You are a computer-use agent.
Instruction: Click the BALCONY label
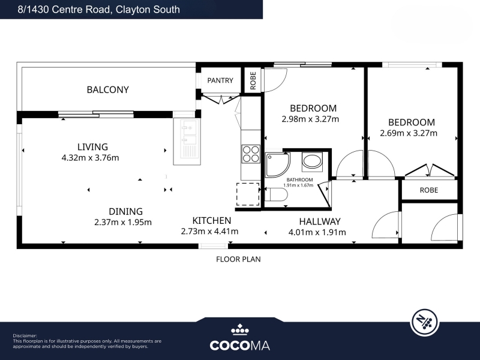click(108, 89)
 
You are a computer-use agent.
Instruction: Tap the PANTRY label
click(220, 80)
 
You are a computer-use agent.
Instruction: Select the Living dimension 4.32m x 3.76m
click(91, 158)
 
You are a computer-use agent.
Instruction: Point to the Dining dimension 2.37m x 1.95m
click(123, 222)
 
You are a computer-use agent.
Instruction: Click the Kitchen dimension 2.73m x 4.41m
click(209, 231)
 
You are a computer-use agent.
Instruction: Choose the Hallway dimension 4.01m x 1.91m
click(317, 232)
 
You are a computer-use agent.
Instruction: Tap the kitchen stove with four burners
click(251, 154)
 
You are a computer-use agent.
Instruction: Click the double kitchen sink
click(187, 142)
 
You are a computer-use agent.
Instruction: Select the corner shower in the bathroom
click(277, 165)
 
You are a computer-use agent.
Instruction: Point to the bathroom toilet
click(277, 194)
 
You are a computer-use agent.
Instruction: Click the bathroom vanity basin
click(312, 161)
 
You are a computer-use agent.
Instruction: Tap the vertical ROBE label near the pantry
click(253, 80)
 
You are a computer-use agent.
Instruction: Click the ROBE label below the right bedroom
click(429, 190)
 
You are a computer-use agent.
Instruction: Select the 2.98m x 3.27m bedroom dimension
click(310, 119)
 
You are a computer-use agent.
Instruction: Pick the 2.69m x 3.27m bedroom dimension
click(409, 133)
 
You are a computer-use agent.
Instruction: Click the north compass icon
click(425, 322)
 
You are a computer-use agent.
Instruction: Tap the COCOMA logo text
click(239, 346)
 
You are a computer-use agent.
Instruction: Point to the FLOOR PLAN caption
click(238, 259)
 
